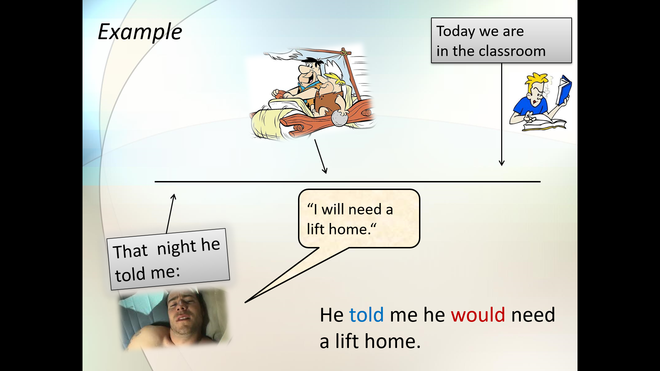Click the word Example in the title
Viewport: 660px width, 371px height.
tap(140, 32)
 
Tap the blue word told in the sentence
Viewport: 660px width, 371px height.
tap(366, 315)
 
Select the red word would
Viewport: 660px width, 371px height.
tap(478, 315)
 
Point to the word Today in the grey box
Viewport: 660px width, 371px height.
tap(456, 32)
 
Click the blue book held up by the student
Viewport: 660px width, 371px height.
tap(564, 90)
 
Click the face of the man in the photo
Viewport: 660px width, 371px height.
tap(183, 313)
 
